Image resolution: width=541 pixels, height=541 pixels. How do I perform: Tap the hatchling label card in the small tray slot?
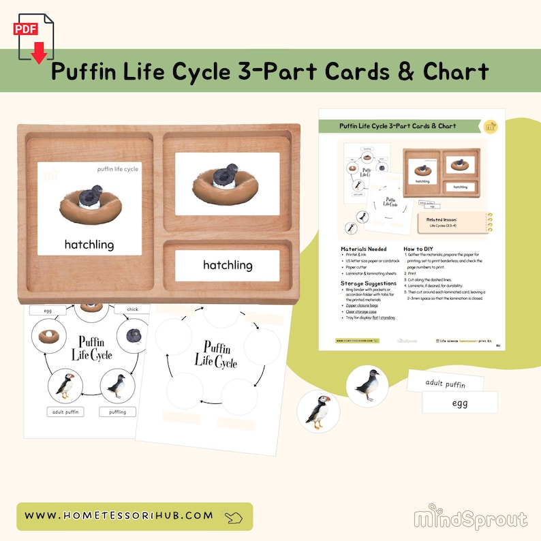[228, 265]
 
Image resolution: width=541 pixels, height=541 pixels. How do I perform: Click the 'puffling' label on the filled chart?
[117, 412]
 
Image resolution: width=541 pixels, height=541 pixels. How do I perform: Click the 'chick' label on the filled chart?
[132, 309]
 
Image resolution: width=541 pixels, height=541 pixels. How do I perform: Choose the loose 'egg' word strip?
[460, 403]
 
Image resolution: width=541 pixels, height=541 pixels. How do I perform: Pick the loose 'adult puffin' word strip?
[445, 384]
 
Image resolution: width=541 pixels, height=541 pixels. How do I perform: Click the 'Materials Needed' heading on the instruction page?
[363, 249]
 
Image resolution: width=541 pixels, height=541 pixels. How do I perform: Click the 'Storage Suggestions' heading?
[369, 283]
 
